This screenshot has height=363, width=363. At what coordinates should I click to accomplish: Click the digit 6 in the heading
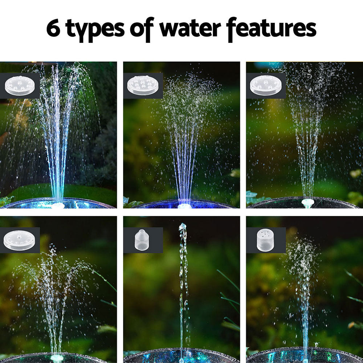coord(54,29)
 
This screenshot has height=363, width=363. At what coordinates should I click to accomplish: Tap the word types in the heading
coord(96,30)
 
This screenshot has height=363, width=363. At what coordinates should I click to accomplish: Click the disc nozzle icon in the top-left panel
coord(20,86)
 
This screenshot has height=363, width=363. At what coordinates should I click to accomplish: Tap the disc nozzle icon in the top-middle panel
coord(143,86)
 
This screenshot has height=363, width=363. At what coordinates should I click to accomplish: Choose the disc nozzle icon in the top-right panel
coord(265,86)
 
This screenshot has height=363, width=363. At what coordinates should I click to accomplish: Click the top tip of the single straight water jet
coord(183,226)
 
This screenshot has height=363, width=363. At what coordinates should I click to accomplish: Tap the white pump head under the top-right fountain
coord(307,203)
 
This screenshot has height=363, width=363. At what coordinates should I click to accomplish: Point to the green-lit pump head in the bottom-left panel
coord(57,358)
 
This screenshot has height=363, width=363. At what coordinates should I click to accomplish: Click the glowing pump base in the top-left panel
coord(58,205)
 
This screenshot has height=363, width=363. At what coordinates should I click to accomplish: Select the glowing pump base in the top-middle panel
coord(184,206)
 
